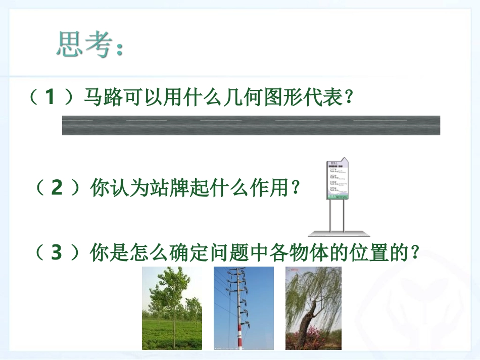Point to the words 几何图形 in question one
[253, 97]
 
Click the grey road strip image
[251, 125]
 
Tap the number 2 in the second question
[57, 188]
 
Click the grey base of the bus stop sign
[339, 233]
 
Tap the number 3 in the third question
[57, 252]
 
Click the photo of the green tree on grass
[172, 308]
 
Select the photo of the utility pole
[244, 308]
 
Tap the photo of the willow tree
[313, 308]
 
